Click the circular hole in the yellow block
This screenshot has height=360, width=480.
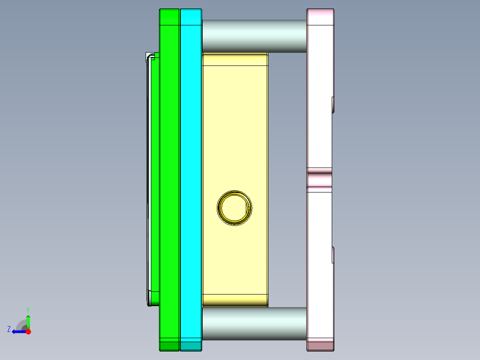tap(235, 208)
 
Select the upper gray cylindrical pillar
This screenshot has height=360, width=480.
tap(254, 36)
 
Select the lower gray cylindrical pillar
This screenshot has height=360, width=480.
tap(254, 323)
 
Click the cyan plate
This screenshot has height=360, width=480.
tap(191, 178)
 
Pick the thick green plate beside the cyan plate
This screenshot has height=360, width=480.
tap(170, 178)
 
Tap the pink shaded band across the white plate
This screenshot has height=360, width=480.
tap(320, 180)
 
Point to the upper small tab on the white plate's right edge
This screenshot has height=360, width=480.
tap(333, 105)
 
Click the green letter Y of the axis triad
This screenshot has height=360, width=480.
tap(28, 309)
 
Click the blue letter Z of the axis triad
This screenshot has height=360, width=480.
tap(9, 329)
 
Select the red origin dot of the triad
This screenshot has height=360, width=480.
tap(28, 331)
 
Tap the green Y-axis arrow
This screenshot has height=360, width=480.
tap(28, 321)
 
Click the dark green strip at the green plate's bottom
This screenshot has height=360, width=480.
tap(170, 346)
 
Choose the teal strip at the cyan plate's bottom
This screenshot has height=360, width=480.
tap(191, 346)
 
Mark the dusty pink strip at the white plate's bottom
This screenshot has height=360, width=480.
tap(320, 345)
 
